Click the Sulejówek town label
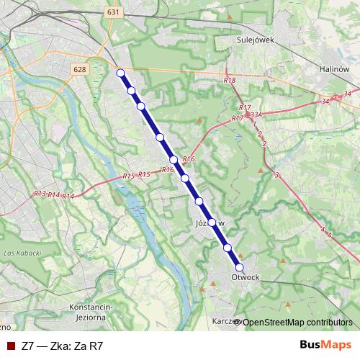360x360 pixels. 251,41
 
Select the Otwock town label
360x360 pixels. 246,276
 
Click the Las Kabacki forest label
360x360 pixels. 20,253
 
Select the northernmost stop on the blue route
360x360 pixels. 121,72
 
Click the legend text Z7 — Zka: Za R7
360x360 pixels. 63,346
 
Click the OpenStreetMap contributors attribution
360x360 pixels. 296,322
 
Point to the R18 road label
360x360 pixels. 230,81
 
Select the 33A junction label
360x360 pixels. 257,114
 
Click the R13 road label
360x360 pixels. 40,194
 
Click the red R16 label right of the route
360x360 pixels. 189,158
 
